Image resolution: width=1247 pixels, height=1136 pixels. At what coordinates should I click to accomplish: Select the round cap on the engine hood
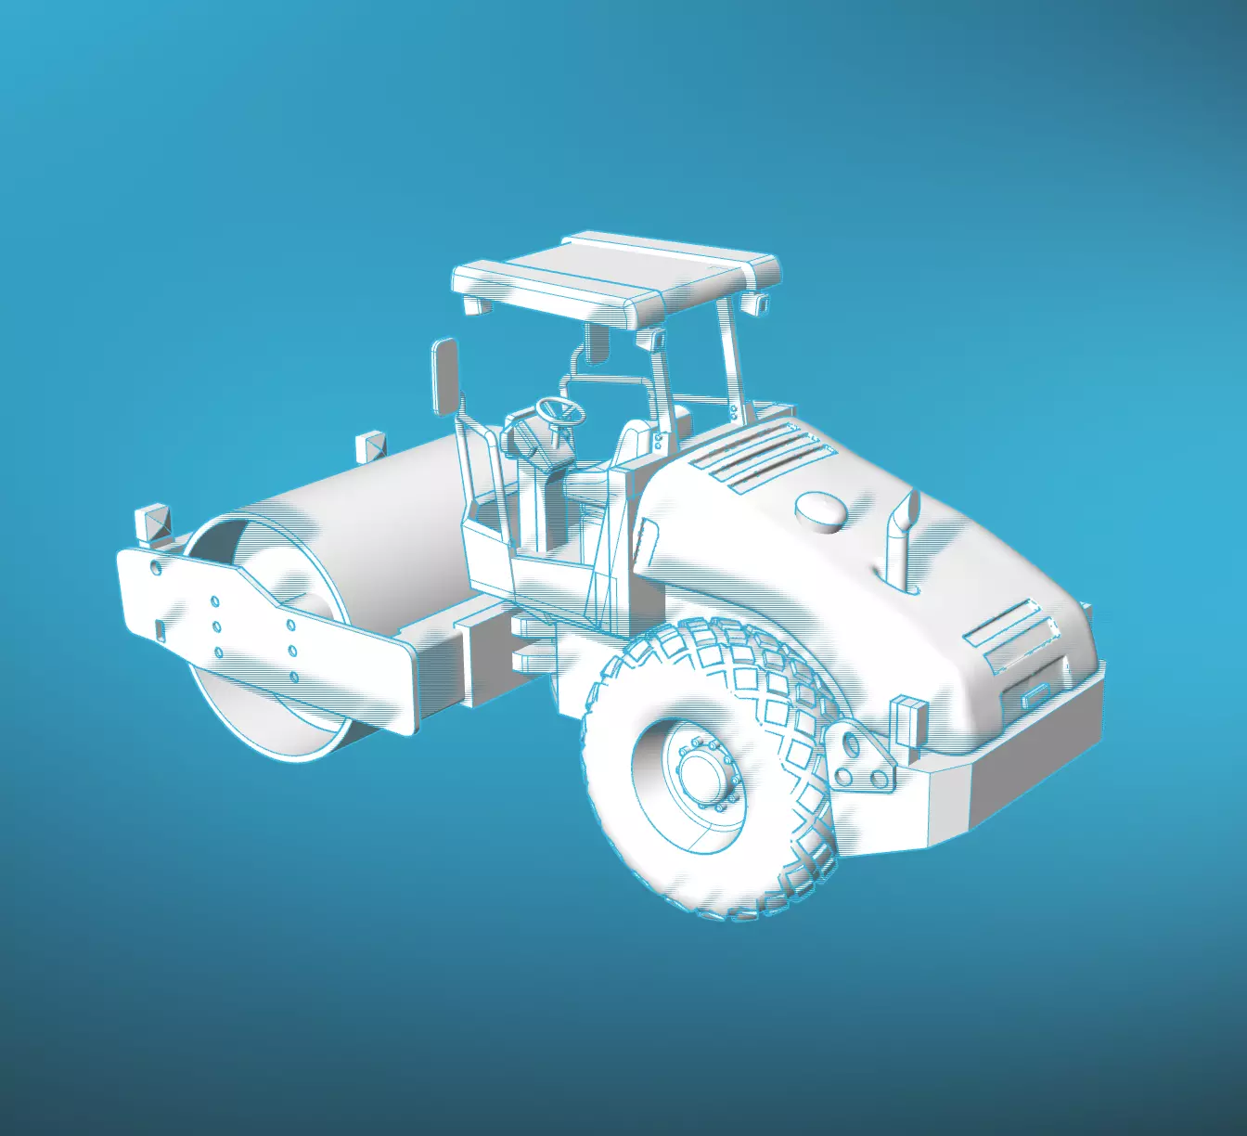tap(821, 510)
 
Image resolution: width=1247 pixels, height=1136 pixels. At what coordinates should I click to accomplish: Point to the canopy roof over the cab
tap(612, 274)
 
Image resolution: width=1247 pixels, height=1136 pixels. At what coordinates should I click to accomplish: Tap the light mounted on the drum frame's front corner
tap(153, 524)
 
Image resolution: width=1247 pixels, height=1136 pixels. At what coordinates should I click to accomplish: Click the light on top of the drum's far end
tap(370, 447)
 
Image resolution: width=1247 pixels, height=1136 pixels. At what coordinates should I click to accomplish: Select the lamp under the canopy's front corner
tap(475, 305)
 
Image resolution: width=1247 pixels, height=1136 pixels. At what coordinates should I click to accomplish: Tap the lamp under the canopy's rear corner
tap(755, 303)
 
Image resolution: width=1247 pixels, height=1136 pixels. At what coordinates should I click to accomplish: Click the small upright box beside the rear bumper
tap(907, 722)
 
